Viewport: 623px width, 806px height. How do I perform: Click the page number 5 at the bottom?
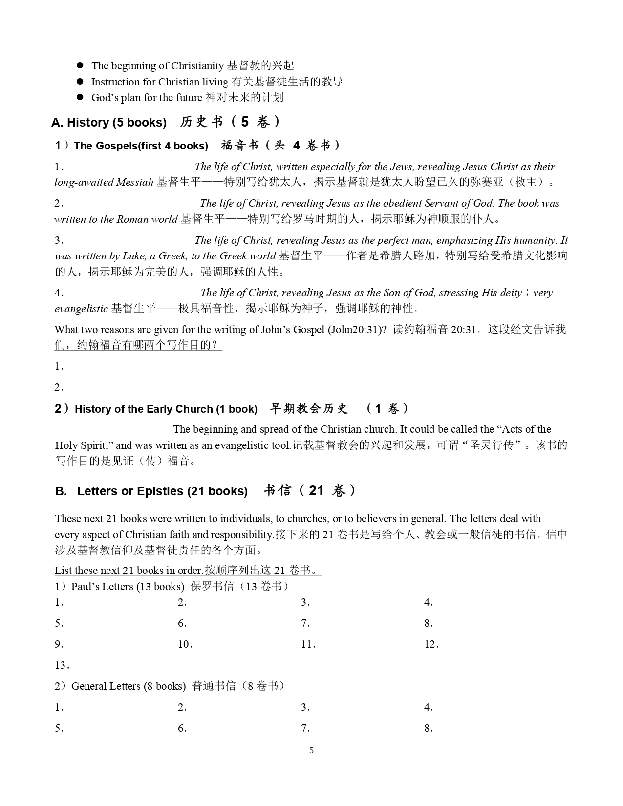pos(311,751)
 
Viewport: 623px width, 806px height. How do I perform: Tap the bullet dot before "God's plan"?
pos(81,97)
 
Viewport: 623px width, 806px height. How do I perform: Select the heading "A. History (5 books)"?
pos(109,123)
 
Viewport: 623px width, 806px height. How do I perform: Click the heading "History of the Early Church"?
pos(166,409)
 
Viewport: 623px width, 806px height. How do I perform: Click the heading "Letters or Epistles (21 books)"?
pos(162,491)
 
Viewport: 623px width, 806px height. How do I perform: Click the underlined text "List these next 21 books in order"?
pos(129,571)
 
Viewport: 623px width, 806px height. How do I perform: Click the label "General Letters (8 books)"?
pos(129,686)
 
